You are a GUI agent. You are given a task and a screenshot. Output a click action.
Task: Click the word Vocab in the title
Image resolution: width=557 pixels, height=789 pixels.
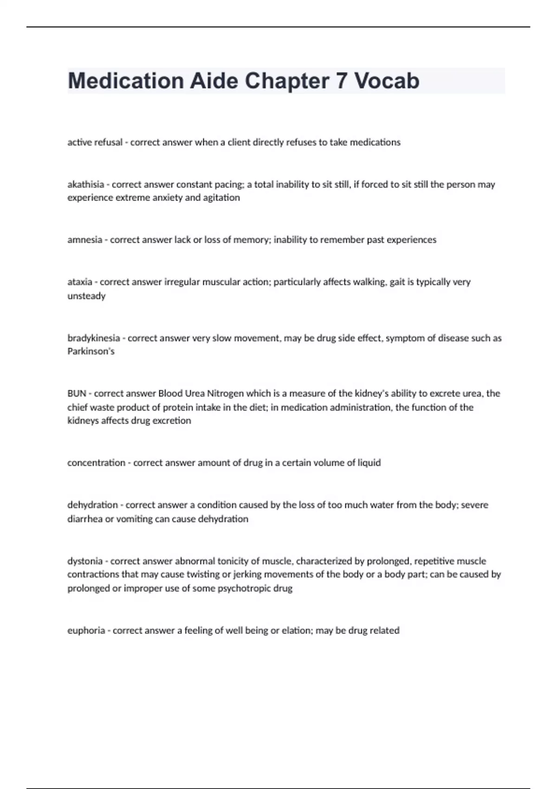[x=387, y=81]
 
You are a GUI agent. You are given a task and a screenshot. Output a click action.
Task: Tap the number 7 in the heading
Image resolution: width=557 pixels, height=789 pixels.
[x=341, y=81]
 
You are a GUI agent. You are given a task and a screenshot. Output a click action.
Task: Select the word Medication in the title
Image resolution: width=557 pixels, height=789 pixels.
[x=126, y=81]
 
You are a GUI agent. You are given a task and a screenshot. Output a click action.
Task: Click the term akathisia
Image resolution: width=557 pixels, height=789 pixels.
[x=85, y=184]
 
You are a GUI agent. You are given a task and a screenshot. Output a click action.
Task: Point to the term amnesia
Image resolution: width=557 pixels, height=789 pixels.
[x=84, y=239]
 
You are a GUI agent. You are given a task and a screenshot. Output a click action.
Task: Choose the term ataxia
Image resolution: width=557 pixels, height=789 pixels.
[x=79, y=282]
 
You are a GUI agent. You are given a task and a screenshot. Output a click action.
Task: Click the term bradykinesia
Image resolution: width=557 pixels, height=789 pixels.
[x=93, y=338]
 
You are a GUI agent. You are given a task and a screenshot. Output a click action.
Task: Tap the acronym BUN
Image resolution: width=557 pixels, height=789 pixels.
[x=77, y=393]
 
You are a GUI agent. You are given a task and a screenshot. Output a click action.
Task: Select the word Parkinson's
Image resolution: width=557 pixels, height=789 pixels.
[x=91, y=351]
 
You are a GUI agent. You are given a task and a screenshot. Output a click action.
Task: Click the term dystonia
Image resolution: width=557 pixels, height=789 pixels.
[x=85, y=561]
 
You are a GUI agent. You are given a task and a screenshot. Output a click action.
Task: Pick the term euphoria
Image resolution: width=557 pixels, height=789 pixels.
[x=86, y=630]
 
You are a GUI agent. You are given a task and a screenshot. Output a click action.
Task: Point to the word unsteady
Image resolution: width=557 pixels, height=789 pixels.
[x=86, y=296]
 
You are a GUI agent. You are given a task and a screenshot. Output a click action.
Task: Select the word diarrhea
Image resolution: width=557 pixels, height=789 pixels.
[x=85, y=518]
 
